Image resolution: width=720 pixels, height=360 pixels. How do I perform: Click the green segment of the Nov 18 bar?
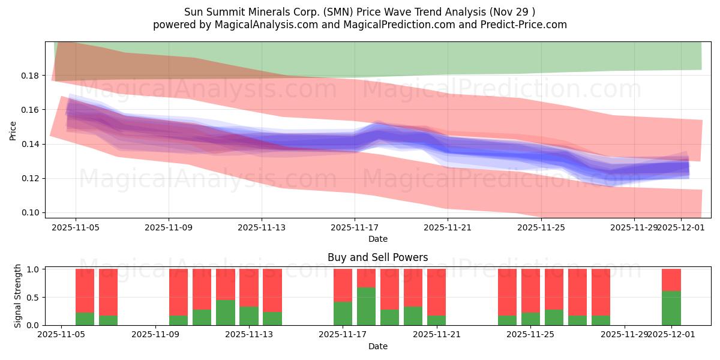(366, 306)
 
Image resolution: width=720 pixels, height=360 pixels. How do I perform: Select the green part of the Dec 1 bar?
(671, 308)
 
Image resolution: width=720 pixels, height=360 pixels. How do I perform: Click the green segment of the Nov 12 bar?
(225, 313)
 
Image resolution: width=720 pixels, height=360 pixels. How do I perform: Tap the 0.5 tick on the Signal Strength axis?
(34, 298)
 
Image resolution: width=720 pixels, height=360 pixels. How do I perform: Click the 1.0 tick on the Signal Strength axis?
(34, 269)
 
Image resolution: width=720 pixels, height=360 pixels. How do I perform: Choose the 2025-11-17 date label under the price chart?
(355, 228)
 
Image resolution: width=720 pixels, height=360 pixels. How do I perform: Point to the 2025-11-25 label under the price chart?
(541, 228)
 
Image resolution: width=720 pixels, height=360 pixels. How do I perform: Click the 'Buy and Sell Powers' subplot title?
(377, 257)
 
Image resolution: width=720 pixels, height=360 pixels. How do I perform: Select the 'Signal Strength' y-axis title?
(18, 296)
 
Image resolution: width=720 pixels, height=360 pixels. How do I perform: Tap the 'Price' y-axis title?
(13, 130)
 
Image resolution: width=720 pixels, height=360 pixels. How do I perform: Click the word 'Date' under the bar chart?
(377, 346)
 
